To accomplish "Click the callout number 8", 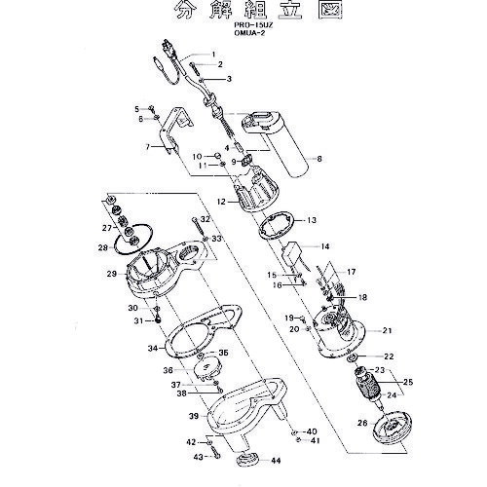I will click(318, 157).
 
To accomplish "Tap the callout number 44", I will click(276, 460).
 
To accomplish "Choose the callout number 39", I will click(194, 416).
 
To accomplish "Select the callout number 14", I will click(326, 248).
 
